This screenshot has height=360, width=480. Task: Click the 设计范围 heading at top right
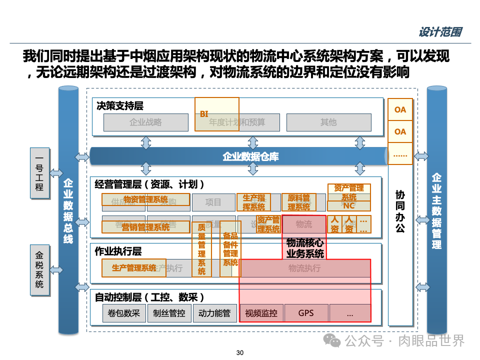point(439,32)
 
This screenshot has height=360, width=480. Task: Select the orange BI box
point(216,114)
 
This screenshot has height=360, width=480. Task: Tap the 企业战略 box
point(145,122)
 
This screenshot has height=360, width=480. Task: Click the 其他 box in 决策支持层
point(328,122)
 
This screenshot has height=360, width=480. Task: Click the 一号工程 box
point(39,173)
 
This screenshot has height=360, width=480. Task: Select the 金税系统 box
point(39,270)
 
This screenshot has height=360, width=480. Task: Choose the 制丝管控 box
point(169,313)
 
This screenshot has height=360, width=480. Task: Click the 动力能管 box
point(214,313)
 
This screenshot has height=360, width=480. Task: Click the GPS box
point(306,313)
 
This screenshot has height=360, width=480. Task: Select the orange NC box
point(349,205)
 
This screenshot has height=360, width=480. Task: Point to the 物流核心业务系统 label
point(305,248)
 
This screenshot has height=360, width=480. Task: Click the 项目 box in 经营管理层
point(213,202)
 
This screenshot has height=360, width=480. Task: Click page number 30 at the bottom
point(239,353)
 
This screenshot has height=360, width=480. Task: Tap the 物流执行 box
point(304,268)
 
